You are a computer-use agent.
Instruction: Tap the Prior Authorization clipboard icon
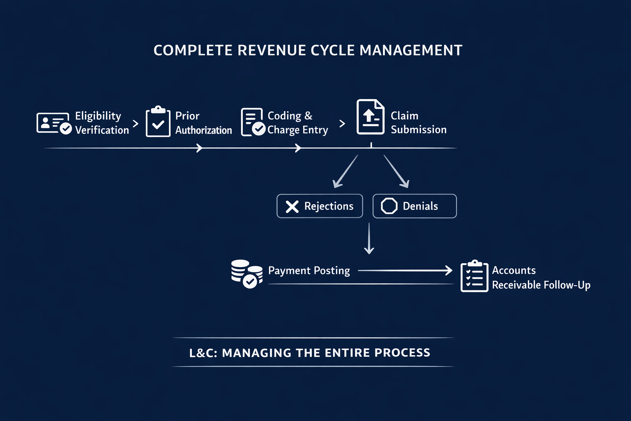click(x=158, y=122)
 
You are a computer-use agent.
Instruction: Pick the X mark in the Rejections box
click(x=292, y=206)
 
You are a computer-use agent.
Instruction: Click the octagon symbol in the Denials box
click(x=389, y=206)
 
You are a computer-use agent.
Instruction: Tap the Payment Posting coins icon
click(x=246, y=273)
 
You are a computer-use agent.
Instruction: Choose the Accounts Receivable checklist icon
click(x=474, y=276)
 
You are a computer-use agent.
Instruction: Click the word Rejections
click(x=329, y=206)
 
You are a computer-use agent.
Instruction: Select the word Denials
click(x=420, y=206)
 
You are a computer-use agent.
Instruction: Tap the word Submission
click(x=418, y=130)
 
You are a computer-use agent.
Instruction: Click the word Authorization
click(x=203, y=130)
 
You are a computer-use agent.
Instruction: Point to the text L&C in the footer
click(x=203, y=353)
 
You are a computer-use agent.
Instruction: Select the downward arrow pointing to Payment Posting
click(x=369, y=238)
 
